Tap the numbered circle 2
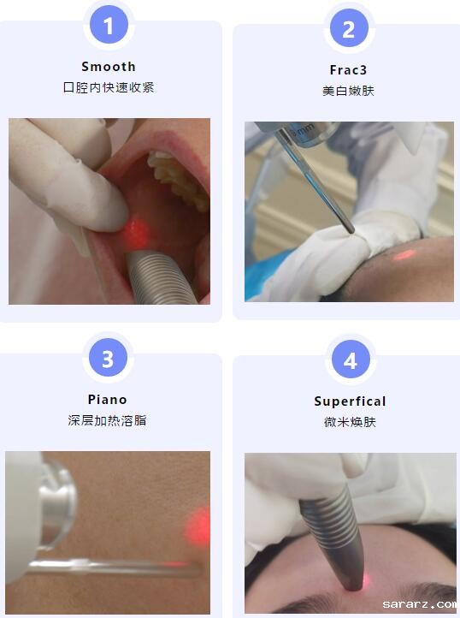349,28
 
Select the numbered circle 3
108,358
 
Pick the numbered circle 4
351,360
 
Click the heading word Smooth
109,67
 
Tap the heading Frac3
349,70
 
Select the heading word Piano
108,400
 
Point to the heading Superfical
350,401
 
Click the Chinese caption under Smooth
109,87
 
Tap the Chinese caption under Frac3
349,91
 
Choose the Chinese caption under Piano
107,420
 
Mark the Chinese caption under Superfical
350,422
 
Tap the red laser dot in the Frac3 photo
404,255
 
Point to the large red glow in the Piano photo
198,526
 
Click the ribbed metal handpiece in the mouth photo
161,278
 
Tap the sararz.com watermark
420,603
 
